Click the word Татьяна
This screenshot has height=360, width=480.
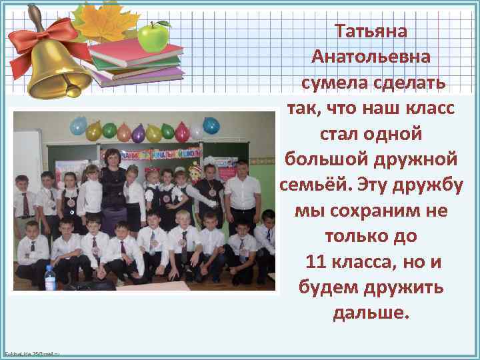(371, 32)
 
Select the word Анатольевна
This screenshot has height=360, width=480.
(371, 57)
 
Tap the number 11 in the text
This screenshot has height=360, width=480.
(315, 262)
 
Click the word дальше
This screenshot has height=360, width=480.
(371, 313)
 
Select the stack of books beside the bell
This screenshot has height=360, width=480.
(137, 63)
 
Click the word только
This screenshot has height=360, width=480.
(353, 237)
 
